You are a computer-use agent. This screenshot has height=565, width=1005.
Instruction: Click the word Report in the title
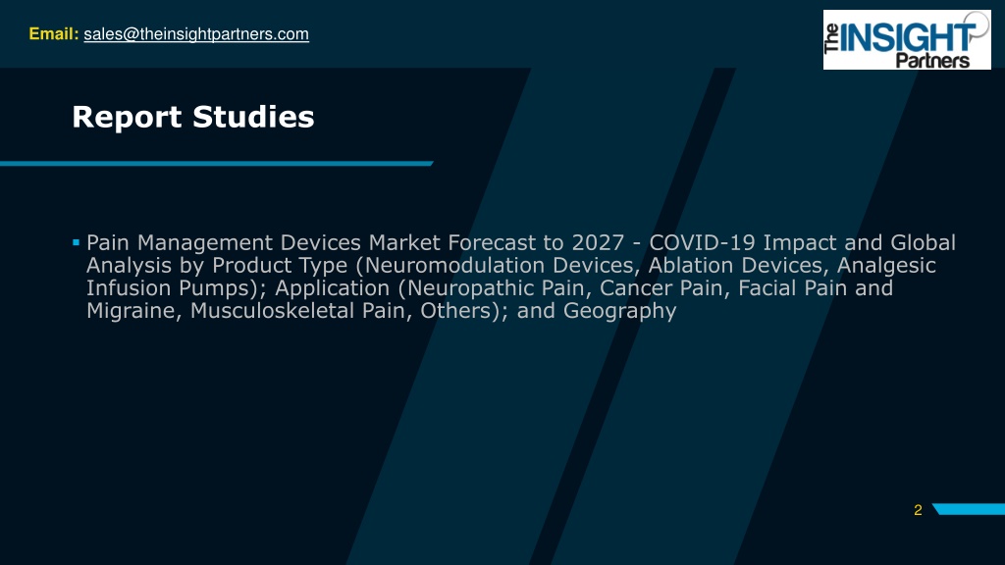[x=127, y=118]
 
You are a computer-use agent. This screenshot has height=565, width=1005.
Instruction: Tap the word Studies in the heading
[x=253, y=117]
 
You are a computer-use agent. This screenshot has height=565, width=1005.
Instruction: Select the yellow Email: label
[x=54, y=34]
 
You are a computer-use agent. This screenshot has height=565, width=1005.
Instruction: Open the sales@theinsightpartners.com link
[x=196, y=34]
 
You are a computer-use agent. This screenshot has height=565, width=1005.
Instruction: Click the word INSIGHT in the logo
[x=908, y=38]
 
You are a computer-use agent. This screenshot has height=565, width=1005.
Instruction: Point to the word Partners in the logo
[x=932, y=61]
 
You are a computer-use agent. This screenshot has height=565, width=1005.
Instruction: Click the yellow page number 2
[x=918, y=510]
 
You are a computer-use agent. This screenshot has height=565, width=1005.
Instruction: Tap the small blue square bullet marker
[x=76, y=242]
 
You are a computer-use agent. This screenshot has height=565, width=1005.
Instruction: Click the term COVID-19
[x=703, y=243]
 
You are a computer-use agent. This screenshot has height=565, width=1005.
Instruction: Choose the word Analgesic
[x=886, y=266]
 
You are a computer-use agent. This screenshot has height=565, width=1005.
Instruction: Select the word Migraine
[x=133, y=311]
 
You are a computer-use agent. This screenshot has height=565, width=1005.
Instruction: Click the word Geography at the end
[x=620, y=311]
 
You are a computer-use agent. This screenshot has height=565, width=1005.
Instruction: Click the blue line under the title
[x=217, y=164]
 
